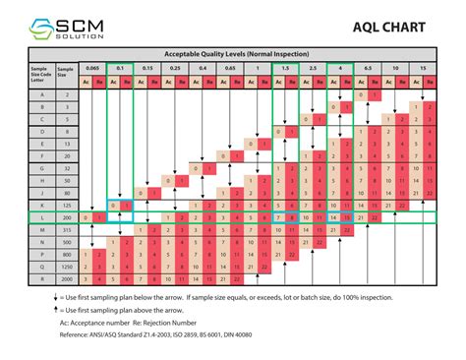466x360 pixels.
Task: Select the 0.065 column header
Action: pyautogui.click(x=91, y=68)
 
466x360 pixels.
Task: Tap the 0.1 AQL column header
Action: pyautogui.click(x=119, y=68)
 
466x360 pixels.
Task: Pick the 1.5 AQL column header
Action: pyautogui.click(x=284, y=68)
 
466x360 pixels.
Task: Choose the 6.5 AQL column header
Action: pyautogui.click(x=367, y=68)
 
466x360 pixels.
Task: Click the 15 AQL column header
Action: pyautogui.click(x=422, y=68)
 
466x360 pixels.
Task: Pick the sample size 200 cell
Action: pyautogui.click(x=64, y=216)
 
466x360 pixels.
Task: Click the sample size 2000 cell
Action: pyautogui.click(x=64, y=278)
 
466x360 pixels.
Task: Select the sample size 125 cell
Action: pyautogui.click(x=64, y=204)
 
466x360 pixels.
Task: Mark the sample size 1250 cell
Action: pyautogui.click(x=64, y=266)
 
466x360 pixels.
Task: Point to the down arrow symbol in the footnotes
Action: pyautogui.click(x=38, y=297)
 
